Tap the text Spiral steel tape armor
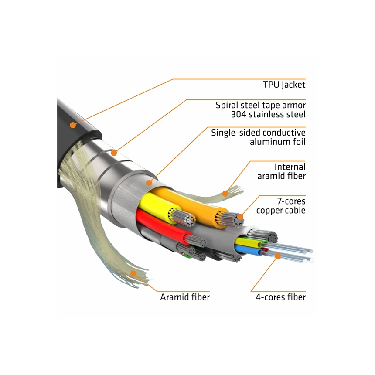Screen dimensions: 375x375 point(260,105)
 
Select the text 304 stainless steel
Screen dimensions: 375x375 point(268,115)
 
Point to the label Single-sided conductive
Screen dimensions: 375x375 point(258,133)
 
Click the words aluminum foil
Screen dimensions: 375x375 point(277,142)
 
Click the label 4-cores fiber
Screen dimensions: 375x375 point(280,297)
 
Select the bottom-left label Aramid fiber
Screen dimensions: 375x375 point(185,297)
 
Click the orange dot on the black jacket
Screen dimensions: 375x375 point(72,125)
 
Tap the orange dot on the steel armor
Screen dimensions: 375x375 point(114,153)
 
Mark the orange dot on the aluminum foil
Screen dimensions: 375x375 point(149,183)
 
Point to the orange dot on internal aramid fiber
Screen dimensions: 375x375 point(225,193)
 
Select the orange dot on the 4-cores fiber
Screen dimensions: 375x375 point(277,257)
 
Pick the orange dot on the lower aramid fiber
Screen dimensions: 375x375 point(134,273)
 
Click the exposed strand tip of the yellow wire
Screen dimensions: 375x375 point(188,219)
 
